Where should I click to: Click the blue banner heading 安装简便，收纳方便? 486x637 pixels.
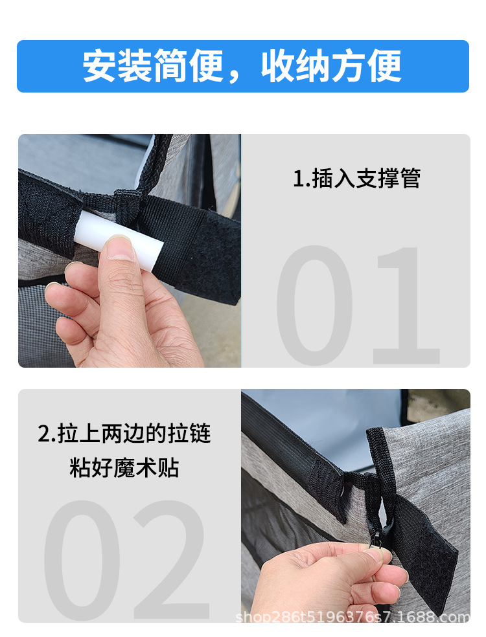pos(242,66)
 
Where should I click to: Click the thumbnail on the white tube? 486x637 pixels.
pos(121,247)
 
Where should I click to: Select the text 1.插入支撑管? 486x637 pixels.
pos(356,178)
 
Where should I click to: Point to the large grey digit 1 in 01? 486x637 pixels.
pos(407,305)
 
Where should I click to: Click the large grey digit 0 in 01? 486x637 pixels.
pos(314,305)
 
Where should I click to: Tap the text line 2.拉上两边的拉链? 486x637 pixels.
pos(124,433)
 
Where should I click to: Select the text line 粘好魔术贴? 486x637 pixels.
pos(124,467)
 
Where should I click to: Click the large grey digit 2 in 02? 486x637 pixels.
pos(172,560)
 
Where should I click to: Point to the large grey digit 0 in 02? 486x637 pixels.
pos(82,560)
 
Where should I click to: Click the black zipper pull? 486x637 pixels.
pos(378,535)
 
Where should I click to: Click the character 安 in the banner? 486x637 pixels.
pos(100,66)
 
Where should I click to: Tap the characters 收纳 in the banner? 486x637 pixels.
pos(295,66)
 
